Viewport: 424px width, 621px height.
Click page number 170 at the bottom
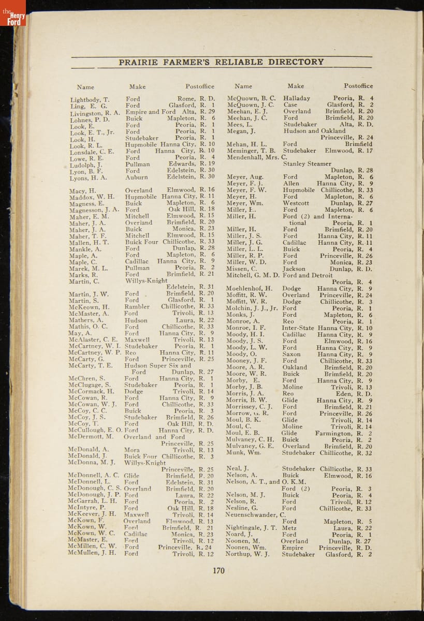[x=218, y=570]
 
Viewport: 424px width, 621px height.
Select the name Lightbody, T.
[x=90, y=99]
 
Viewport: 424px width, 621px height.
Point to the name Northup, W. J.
[x=247, y=554]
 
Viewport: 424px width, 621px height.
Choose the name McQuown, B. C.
[x=251, y=98]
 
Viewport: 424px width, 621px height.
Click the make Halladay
[x=297, y=98]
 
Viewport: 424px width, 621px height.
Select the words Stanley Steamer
[x=307, y=164]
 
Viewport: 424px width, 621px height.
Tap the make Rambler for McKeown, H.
[x=137, y=306]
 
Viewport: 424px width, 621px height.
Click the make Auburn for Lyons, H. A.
[x=136, y=177]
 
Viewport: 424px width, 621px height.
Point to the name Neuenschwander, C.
[x=256, y=515]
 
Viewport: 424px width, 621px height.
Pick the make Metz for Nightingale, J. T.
[x=289, y=528]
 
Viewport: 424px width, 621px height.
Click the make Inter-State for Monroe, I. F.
[x=298, y=328]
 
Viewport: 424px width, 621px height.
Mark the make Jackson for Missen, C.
[x=294, y=269]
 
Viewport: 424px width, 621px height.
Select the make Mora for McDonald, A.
[x=132, y=450]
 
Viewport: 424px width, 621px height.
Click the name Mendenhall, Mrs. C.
[x=257, y=157]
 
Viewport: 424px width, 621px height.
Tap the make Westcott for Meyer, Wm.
[x=296, y=203]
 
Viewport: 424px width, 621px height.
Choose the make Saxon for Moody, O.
[x=291, y=354]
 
